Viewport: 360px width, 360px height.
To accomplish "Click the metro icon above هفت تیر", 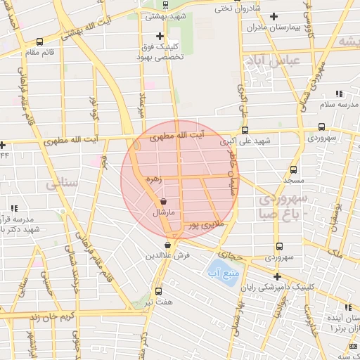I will (158, 290).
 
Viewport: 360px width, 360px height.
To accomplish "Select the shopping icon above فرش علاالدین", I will (167, 245).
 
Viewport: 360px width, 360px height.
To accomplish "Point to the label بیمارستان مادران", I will (275, 27).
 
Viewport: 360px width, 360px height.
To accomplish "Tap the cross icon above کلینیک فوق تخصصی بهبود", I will (160, 36).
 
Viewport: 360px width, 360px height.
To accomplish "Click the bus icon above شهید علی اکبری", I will (245, 130).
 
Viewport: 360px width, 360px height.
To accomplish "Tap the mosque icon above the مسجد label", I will (293, 170).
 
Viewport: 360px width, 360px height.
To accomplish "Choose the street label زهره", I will (153, 180).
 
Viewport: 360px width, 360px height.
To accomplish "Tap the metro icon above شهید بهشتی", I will (165, 3).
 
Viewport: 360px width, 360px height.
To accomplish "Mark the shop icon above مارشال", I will (163, 201).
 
